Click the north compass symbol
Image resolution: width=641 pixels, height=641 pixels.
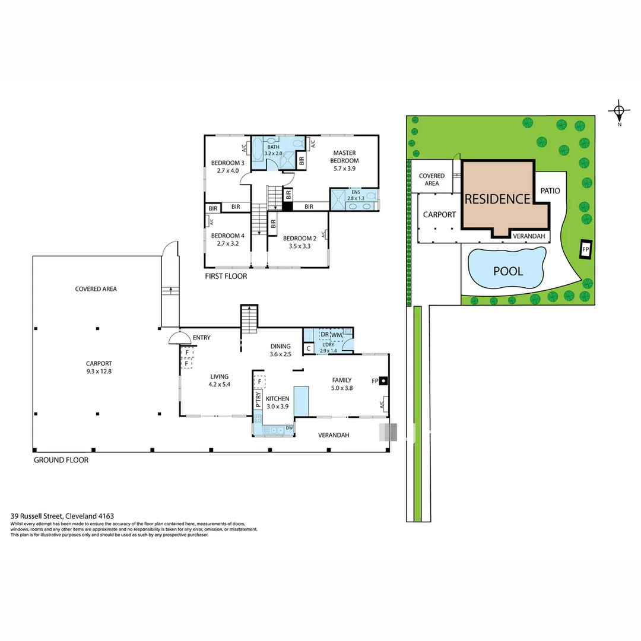click(619, 110)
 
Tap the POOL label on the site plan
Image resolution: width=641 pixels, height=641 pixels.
click(509, 271)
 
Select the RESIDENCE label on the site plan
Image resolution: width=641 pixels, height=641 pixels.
click(497, 199)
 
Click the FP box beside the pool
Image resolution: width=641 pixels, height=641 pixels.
click(585, 249)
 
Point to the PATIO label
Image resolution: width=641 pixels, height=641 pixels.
click(550, 191)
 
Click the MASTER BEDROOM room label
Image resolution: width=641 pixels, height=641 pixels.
click(345, 157)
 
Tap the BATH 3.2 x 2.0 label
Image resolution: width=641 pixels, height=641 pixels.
click(273, 150)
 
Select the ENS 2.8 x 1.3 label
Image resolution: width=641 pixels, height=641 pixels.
click(354, 195)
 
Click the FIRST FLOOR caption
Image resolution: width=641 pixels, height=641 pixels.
click(226, 276)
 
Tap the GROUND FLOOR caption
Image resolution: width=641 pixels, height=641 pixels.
click(61, 460)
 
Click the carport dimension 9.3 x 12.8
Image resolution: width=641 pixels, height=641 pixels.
click(99, 372)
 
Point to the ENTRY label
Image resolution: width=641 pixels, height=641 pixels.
click(202, 338)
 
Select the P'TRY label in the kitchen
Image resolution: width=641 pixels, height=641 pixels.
click(258, 399)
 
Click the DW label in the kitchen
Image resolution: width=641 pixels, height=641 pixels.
click(289, 427)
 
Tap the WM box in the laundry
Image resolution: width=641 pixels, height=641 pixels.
click(337, 335)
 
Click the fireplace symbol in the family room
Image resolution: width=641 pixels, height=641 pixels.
click(383, 380)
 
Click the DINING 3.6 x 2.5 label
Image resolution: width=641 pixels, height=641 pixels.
click(280, 350)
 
